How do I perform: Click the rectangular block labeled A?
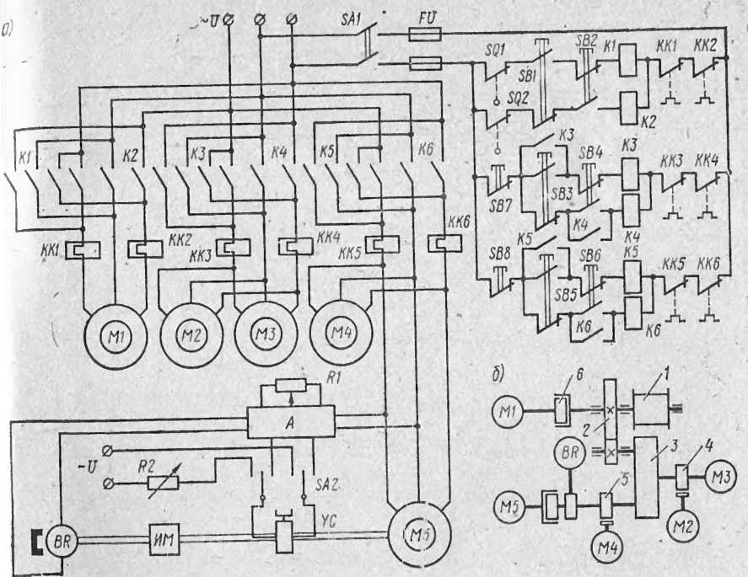point(290,420)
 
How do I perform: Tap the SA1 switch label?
point(343,14)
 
